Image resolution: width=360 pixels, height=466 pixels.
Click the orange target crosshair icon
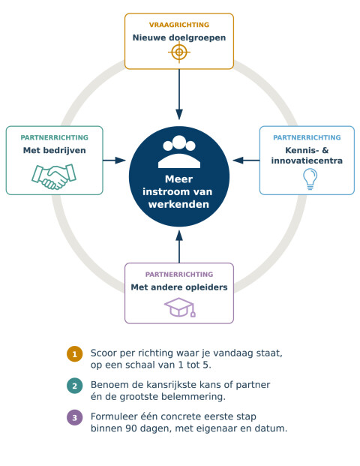[179, 53]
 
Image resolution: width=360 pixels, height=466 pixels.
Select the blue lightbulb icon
[310, 179]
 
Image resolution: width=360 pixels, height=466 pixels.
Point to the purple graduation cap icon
[180, 308]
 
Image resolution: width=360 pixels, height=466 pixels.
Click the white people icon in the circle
[179, 152]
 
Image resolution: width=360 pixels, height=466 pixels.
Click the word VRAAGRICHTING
[179, 25]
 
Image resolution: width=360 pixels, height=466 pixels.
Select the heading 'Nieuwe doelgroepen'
[179, 38]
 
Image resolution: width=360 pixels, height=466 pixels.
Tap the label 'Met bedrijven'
[54, 150]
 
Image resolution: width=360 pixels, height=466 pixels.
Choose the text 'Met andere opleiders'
[179, 287]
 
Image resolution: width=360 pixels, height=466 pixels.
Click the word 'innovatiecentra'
[307, 161]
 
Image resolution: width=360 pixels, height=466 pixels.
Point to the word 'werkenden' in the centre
[178, 204]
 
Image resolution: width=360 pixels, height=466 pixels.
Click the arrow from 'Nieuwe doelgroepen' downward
[179, 95]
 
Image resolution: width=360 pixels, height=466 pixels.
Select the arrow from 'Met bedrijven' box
[114, 161]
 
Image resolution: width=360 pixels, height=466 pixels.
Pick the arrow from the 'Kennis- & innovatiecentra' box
[246, 161]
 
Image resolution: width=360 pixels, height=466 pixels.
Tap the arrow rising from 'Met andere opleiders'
[179, 247]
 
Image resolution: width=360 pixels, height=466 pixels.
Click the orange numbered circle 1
[74, 354]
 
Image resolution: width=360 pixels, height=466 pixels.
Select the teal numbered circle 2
[74, 386]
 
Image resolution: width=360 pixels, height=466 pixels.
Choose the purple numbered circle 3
[74, 417]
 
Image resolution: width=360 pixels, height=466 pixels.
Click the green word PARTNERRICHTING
[54, 137]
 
